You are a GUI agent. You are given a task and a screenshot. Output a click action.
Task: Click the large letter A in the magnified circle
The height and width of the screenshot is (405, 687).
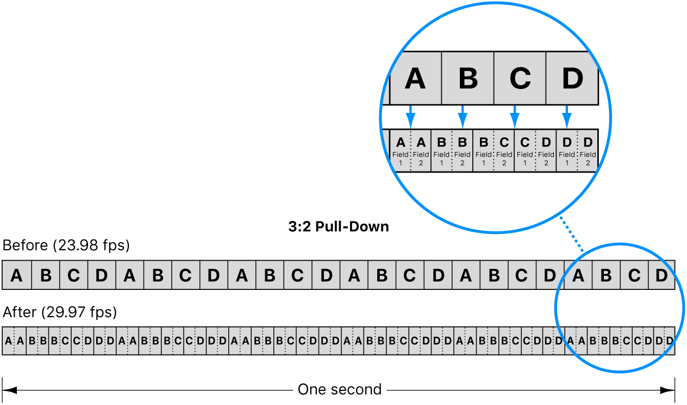pyautogui.click(x=415, y=79)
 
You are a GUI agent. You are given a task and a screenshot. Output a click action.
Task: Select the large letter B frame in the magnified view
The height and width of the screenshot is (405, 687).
pyautogui.click(x=467, y=79)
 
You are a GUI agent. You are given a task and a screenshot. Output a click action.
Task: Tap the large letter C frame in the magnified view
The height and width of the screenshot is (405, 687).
pyautogui.click(x=520, y=79)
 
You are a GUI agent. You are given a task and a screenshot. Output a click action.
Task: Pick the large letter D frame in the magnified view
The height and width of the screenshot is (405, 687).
pyautogui.click(x=572, y=79)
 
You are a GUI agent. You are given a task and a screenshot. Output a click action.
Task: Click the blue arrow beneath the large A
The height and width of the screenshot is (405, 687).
pyautogui.click(x=411, y=116)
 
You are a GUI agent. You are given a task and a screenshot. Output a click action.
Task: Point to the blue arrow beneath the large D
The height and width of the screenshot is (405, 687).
pyautogui.click(x=567, y=116)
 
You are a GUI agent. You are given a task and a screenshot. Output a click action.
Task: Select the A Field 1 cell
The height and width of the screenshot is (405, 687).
pyautogui.click(x=401, y=150)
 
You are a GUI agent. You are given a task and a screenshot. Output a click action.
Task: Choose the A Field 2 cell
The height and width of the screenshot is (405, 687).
pyautogui.click(x=421, y=150)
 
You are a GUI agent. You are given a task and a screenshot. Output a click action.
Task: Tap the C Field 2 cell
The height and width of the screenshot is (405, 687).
pyautogui.click(x=504, y=150)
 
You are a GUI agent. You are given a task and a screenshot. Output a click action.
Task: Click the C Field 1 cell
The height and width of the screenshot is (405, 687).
pyautogui.click(x=525, y=150)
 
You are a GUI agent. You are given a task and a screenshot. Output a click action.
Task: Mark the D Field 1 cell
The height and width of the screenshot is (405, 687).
pyautogui.click(x=566, y=150)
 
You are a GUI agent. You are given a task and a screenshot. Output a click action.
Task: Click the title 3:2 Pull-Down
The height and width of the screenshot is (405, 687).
pyautogui.click(x=339, y=226)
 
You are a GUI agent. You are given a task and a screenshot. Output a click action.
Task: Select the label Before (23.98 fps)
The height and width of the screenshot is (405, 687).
pyautogui.click(x=66, y=246)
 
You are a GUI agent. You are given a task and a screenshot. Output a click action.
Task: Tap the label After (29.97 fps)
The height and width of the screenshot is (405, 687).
pyautogui.click(x=60, y=312)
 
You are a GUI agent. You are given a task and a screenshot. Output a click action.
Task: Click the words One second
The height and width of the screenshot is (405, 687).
pyautogui.click(x=340, y=390)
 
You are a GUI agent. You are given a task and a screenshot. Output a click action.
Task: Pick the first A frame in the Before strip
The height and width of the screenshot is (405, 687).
pyautogui.click(x=17, y=275)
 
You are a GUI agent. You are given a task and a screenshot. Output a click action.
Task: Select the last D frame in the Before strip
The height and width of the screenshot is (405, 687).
pyautogui.click(x=661, y=275)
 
